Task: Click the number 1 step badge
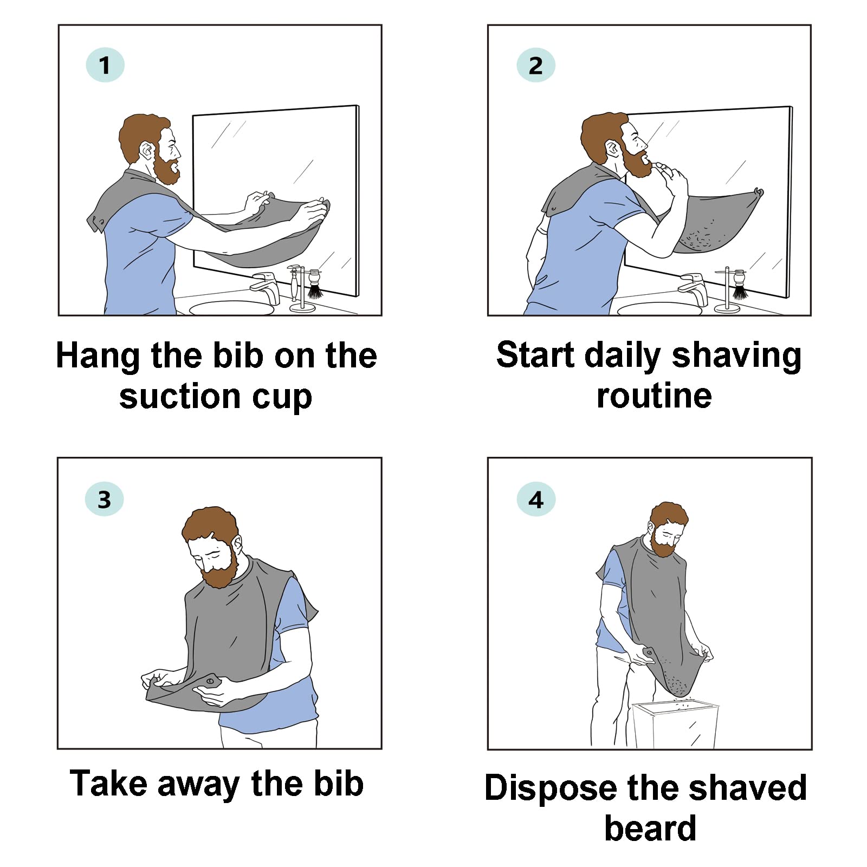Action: point(105,66)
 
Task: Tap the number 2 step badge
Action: point(535,66)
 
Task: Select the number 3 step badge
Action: point(104,499)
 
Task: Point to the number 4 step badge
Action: point(535,499)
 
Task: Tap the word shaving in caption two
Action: point(736,356)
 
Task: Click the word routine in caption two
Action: point(654,396)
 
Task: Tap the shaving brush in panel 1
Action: point(314,287)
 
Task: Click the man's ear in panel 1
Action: point(146,150)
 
